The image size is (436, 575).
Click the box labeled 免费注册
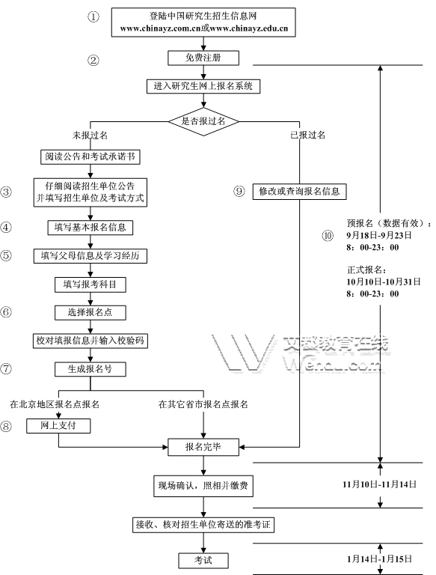coord(203,58)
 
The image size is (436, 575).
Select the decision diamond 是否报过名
coord(203,121)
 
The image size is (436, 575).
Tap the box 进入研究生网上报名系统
coord(203,86)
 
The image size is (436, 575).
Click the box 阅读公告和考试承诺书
coord(90,157)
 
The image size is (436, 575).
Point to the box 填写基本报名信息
coord(90,228)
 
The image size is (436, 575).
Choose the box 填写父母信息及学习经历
coord(90,256)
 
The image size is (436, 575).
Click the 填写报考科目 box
coord(90,285)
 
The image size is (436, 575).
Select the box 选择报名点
coord(90,312)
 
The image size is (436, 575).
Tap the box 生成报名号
coord(90,369)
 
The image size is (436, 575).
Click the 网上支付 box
coord(58,426)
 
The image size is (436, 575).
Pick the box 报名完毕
coord(203,447)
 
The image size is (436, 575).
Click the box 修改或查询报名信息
coord(299,192)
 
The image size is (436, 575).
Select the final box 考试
coord(203,560)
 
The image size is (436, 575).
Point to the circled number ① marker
coord(93,16)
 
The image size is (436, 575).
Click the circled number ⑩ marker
coord(328,235)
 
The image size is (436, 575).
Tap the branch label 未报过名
coord(90,136)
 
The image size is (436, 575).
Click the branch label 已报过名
coord(308,135)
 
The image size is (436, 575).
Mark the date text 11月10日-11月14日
coord(380,484)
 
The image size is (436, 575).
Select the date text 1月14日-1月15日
coord(380,559)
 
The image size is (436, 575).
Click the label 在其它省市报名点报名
coord(203,404)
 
